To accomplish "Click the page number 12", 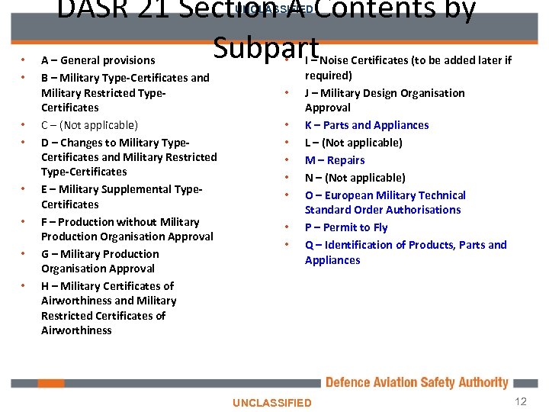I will (521, 401).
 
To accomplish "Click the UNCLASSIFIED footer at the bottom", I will (272, 402).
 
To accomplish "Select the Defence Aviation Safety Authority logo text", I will (416, 382).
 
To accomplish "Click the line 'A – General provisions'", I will (98, 60).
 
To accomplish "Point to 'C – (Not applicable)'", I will (89, 125).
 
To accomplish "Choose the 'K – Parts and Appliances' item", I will (367, 125).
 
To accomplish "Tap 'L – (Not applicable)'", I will (353, 143).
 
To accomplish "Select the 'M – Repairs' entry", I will (335, 160).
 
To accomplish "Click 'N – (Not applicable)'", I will (354, 178).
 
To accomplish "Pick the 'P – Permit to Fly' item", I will (346, 227).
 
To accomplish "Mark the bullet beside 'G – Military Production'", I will (24, 254).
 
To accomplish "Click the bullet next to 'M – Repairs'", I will (288, 160).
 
